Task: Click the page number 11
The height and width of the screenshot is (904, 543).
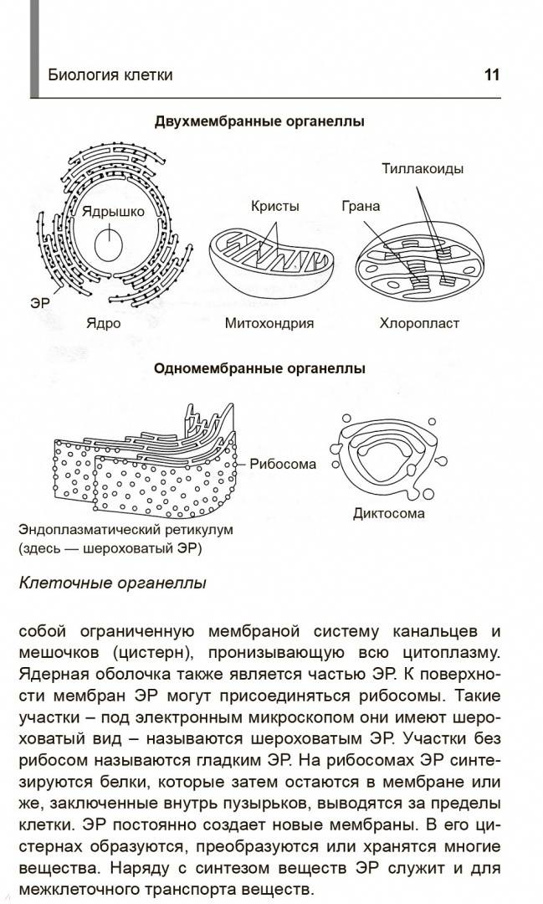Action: coord(492,75)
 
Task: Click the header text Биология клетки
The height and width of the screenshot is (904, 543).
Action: coord(110,75)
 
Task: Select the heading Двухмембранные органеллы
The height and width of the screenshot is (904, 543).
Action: coord(259,121)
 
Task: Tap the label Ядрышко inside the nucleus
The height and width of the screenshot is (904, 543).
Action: coord(113,211)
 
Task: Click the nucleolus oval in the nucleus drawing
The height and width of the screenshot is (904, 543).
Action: coord(109,246)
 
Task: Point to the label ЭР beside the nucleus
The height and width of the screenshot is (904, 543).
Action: coord(40,303)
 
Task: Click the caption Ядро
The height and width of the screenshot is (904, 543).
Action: coord(104,323)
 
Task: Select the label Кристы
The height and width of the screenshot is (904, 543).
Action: coord(275,206)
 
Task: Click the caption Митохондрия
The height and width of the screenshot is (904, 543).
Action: coord(269,323)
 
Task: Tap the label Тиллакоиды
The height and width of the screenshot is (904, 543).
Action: coord(423,168)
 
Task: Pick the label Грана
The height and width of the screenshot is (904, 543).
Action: coord(361,206)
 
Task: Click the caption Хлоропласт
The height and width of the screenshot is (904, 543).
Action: coord(419,323)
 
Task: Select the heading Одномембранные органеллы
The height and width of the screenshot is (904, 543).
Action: coord(259,368)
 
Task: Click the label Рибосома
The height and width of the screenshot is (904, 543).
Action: coord(283,464)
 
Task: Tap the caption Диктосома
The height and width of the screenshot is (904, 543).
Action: coord(388,514)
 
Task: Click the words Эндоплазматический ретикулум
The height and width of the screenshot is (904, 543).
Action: coord(126,529)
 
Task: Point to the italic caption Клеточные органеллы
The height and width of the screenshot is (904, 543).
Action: coord(112,583)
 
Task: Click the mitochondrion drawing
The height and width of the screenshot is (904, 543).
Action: coord(269,263)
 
